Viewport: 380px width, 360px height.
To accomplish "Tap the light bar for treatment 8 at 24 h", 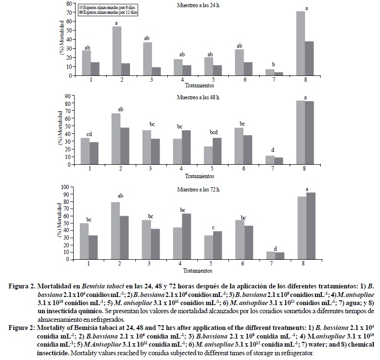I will (301, 43).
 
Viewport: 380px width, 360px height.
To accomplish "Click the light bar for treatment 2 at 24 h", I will (117, 51).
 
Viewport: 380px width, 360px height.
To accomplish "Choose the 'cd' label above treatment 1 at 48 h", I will (90, 134).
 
